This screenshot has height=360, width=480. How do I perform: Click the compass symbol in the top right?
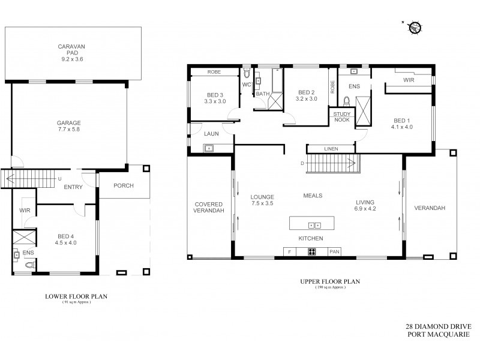click(415, 27)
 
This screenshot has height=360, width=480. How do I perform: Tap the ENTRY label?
click(73, 188)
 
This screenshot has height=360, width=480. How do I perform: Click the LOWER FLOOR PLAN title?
click(73, 296)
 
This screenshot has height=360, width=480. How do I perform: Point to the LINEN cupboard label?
click(331, 148)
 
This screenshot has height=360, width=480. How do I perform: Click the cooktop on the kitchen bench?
click(313, 252)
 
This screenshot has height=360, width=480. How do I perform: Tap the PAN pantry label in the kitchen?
click(334, 252)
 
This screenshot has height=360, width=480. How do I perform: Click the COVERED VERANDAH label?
click(208, 208)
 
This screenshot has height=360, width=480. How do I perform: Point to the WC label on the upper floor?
click(246, 85)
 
